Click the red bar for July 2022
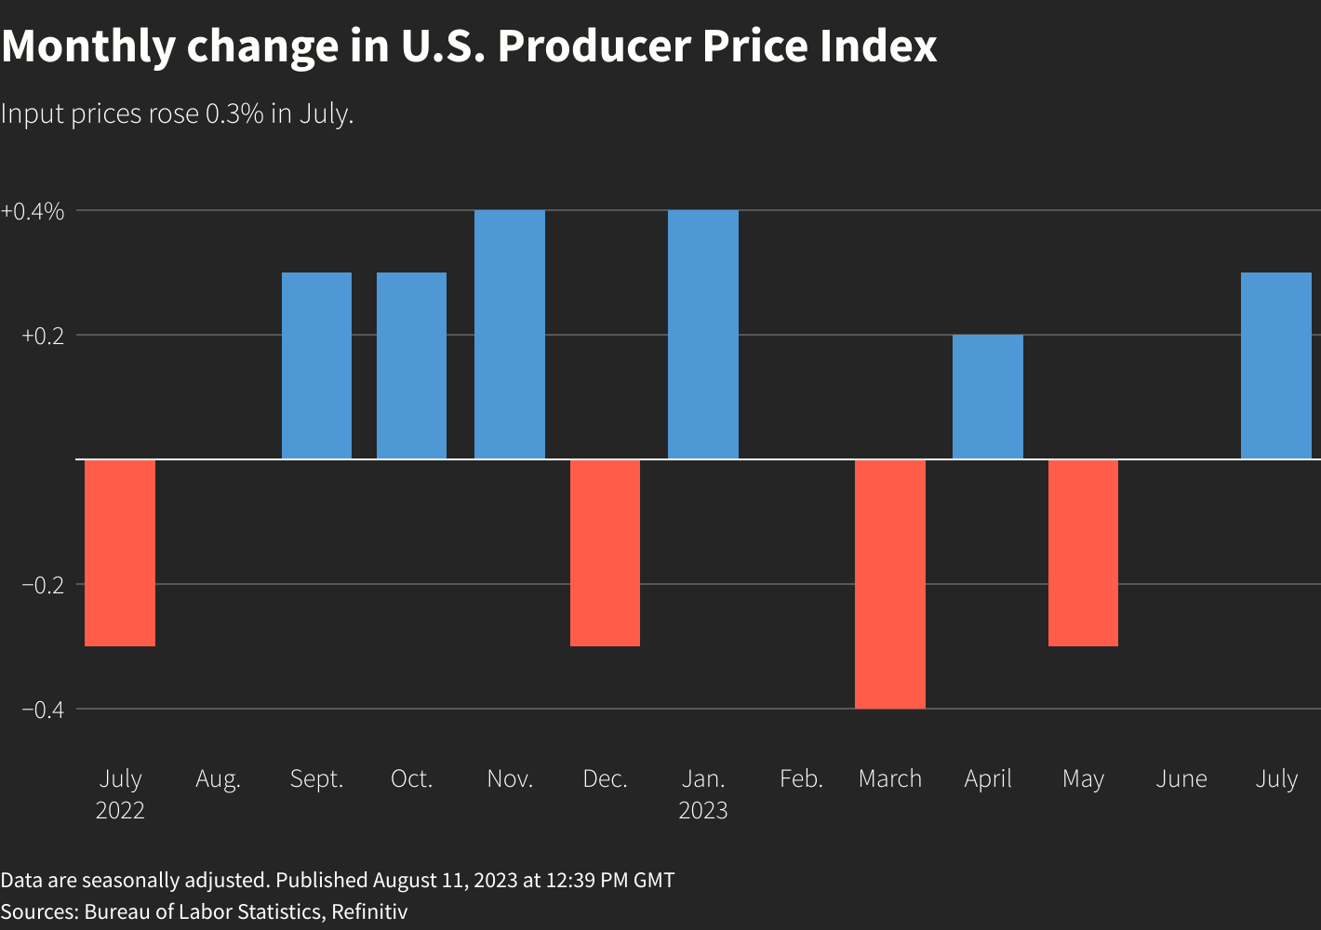click(x=120, y=552)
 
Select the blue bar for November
click(x=510, y=335)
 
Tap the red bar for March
click(x=890, y=584)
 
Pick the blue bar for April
click(x=988, y=397)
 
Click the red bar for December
click(x=605, y=552)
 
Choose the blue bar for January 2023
click(x=703, y=335)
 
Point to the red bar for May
click(x=1083, y=552)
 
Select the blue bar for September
click(x=317, y=365)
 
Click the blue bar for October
click(x=411, y=365)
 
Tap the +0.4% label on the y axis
click(x=33, y=211)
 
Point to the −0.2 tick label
click(x=42, y=585)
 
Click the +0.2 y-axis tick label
click(x=42, y=336)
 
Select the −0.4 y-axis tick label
click(x=42, y=710)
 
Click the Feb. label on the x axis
click(x=801, y=778)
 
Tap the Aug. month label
click(x=218, y=779)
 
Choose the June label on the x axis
click(x=1181, y=778)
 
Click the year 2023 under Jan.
click(x=703, y=810)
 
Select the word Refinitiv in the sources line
click(x=369, y=911)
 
